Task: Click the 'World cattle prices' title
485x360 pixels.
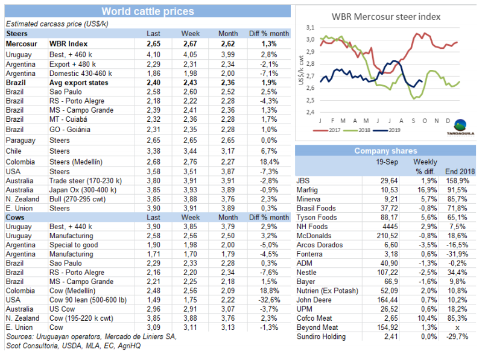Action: [x=148, y=11]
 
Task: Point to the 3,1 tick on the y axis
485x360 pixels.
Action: [x=311, y=28]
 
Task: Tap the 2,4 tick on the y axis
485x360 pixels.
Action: [x=311, y=112]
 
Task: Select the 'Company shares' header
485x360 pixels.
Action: [x=385, y=151]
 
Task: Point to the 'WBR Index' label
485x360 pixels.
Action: [x=69, y=44]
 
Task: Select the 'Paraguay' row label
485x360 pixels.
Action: [x=21, y=141]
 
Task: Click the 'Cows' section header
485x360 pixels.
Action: [x=16, y=216]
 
